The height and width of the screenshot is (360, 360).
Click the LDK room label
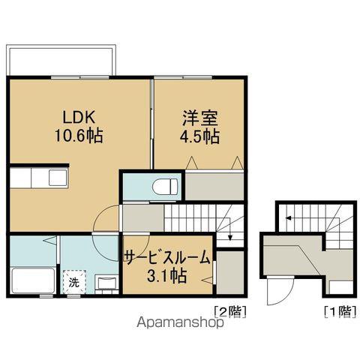79,118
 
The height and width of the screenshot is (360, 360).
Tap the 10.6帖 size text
79,136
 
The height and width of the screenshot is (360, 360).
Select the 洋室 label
199,118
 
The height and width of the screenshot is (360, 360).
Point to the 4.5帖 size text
199,136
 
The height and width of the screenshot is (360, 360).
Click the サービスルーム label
167,256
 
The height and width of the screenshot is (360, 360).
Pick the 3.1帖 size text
167,275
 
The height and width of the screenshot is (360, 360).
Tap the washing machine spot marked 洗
74,283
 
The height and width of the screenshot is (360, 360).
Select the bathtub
33,280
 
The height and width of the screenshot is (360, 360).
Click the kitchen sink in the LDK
58,178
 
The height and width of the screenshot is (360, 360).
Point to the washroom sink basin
107,283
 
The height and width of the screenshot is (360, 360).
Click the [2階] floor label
230,311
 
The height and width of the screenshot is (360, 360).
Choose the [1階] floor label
340,311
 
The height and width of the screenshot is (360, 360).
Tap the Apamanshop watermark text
180,322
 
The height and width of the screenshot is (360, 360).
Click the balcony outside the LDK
61,60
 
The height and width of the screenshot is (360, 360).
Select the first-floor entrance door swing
280,291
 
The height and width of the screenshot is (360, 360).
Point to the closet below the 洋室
214,186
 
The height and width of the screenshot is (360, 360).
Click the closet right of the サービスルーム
230,272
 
